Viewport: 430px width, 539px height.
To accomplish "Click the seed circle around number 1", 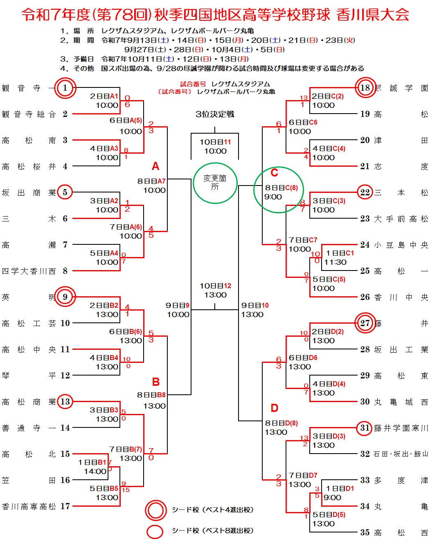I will click(65, 88).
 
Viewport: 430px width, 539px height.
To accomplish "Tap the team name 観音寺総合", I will click(29, 114).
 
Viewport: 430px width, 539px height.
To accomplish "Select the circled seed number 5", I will click(65, 192).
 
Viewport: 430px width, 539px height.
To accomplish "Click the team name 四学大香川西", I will click(29, 271).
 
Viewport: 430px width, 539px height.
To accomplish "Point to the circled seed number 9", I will click(65, 297).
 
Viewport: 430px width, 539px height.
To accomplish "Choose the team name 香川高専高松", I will click(29, 506).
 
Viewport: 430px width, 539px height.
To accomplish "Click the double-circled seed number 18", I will click(365, 88).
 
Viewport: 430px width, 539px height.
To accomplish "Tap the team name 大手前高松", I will click(401, 219).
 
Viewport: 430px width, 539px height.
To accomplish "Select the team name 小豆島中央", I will click(401, 245).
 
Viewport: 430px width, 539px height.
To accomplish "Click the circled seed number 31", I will click(365, 428).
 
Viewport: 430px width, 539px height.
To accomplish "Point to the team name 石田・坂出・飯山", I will click(401, 454).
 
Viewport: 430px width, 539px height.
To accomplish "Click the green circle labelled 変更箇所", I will click(215, 183).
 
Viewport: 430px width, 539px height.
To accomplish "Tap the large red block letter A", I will click(155, 166).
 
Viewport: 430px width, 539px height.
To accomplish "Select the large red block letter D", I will click(275, 408).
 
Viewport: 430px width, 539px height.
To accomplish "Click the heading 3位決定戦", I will click(215, 114).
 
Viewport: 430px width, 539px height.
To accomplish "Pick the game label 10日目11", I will click(215, 142).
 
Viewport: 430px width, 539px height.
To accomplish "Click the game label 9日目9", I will click(178, 305).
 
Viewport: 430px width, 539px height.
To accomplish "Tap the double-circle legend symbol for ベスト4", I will click(156, 510).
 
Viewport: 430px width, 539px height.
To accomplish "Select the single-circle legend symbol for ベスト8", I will click(155, 531).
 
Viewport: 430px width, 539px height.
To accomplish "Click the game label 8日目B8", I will click(151, 395).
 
